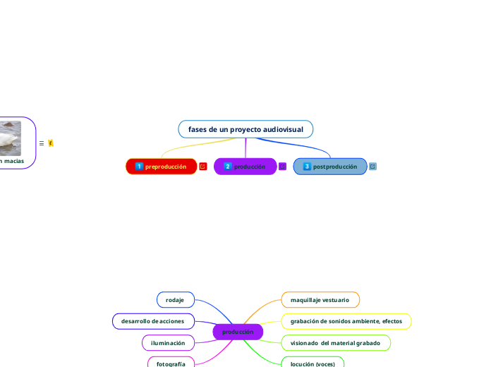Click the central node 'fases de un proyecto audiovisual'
245,130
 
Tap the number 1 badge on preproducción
139,167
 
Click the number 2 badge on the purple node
227,167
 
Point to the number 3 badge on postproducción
307,167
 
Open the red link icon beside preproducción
203,167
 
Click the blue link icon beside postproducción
372,167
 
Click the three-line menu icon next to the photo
42,143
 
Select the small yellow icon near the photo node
51,143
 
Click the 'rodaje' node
175,300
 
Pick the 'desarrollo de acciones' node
152,321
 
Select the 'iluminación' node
168,343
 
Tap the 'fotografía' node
171,363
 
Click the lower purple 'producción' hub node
238,332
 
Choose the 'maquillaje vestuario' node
320,300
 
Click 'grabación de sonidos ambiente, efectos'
346,321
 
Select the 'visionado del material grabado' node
335,343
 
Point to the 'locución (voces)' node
313,363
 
